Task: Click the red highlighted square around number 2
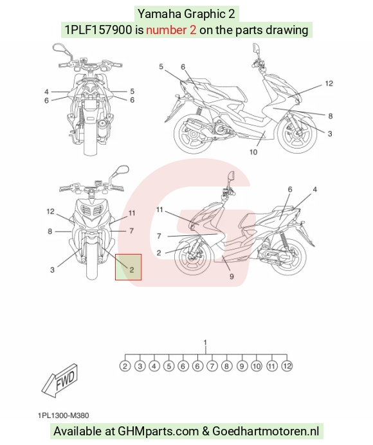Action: [129, 254]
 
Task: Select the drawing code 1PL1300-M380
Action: [63, 415]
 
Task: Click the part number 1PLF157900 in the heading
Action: [98, 30]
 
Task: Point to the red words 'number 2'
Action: [171, 30]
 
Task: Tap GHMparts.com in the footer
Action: [158, 431]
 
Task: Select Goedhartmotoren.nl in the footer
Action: [266, 431]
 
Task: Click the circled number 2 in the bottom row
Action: [125, 366]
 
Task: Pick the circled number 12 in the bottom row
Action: [287, 366]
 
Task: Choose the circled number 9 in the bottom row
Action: [242, 366]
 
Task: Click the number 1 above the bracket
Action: [205, 343]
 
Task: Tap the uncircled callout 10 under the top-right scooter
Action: [253, 152]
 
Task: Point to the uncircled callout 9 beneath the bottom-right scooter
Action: [232, 276]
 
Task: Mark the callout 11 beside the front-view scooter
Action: [132, 213]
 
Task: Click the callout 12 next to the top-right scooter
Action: [329, 84]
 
